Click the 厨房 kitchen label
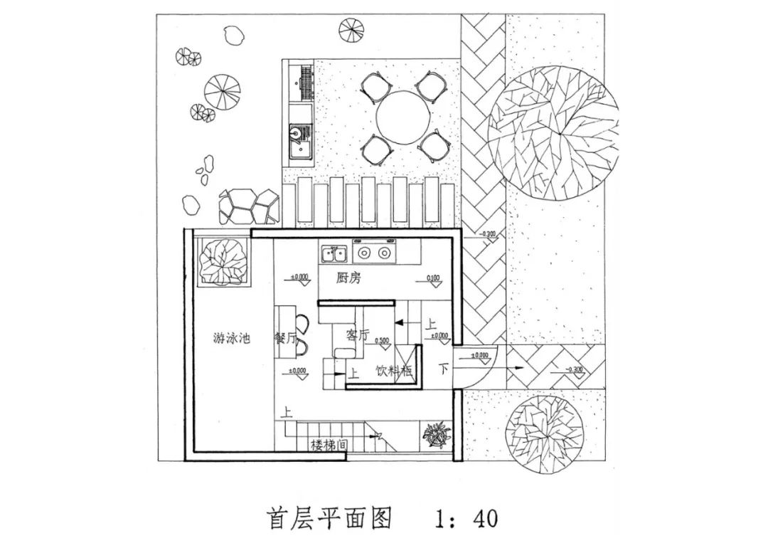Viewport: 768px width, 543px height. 348,278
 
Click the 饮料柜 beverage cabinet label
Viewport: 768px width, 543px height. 395,371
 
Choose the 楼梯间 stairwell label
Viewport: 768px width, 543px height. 329,446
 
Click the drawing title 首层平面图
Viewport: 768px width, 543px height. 329,517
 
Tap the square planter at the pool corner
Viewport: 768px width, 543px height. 223,259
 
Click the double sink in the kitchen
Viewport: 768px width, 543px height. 334,253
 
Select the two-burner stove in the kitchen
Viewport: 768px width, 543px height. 374,253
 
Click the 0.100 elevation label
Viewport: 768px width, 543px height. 433,278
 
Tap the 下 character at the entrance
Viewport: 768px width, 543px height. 444,369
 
